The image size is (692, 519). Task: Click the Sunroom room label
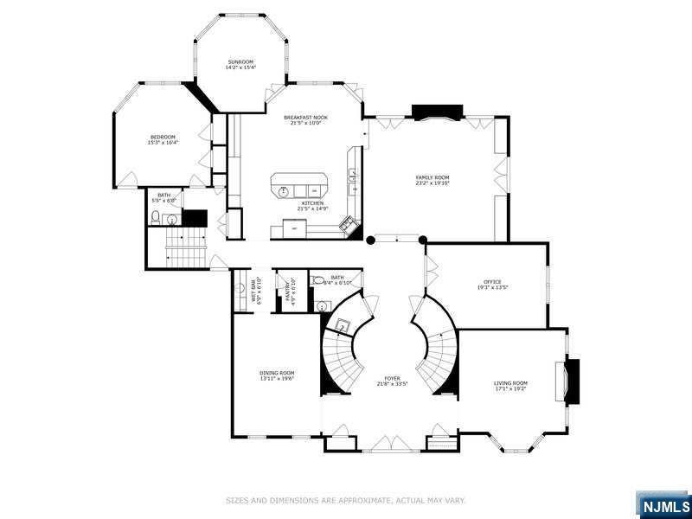[240, 62]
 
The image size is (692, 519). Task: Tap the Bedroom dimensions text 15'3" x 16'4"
[163, 143]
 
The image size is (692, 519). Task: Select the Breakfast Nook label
[305, 117]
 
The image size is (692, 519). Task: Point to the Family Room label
[432, 177]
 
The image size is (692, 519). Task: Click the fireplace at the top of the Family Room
[438, 112]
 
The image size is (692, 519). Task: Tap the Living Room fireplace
[572, 381]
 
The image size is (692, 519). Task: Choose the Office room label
[492, 282]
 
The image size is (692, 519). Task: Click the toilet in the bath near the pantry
[319, 280]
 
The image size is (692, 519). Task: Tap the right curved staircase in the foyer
[438, 355]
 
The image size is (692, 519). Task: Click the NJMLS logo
[663, 505]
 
